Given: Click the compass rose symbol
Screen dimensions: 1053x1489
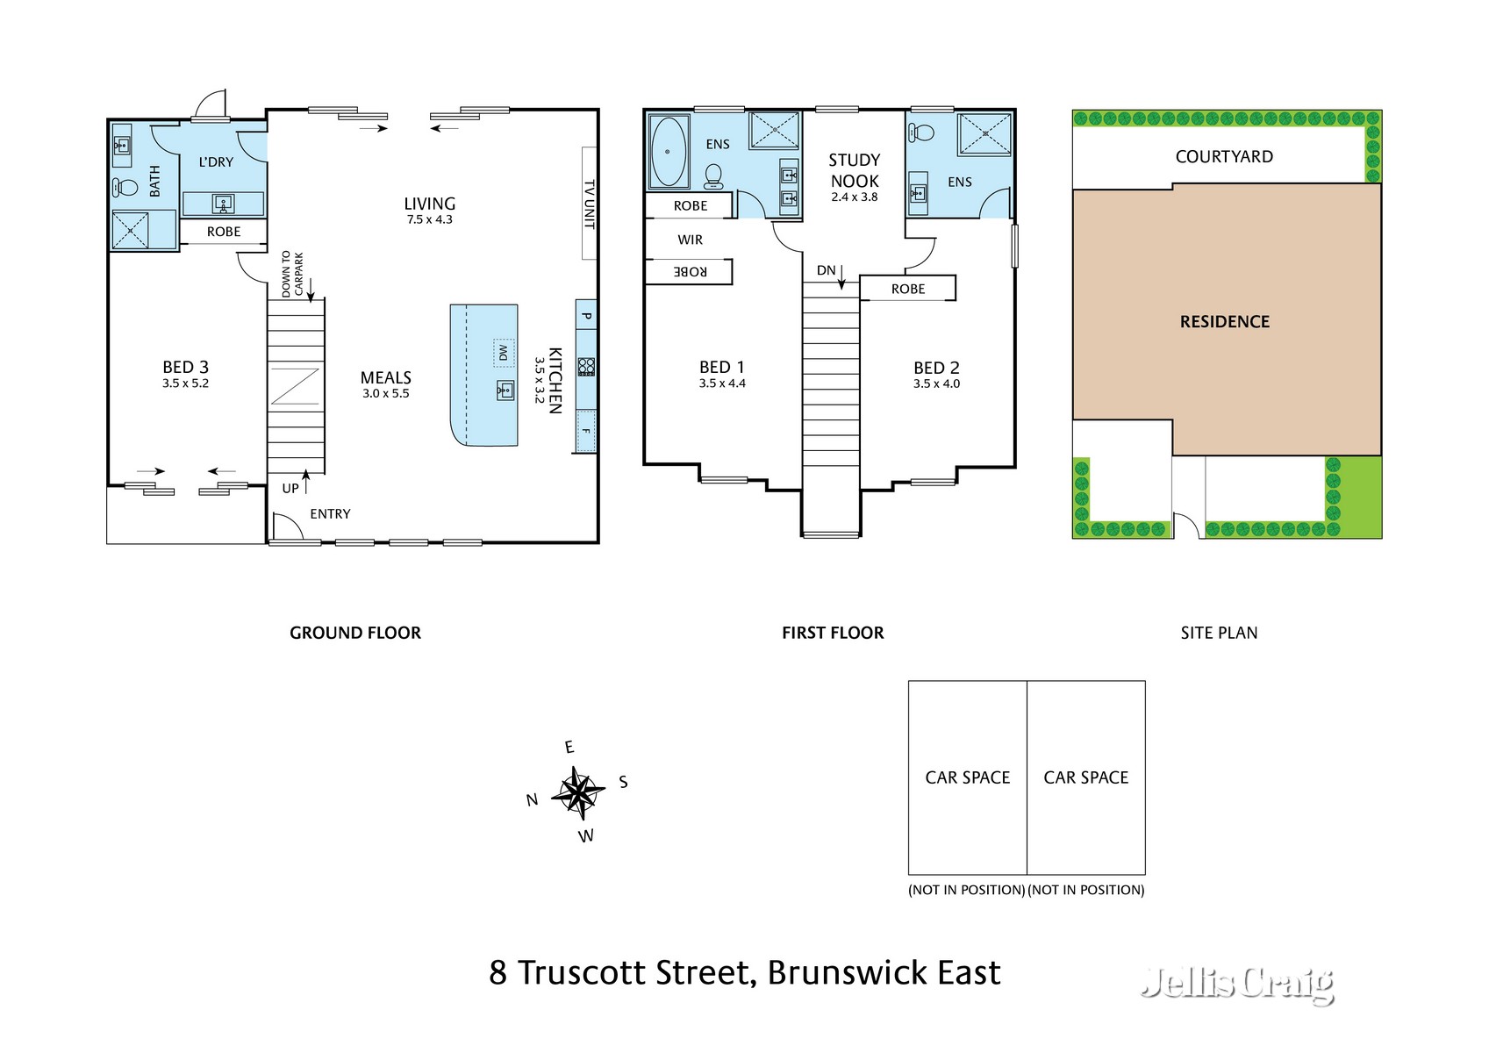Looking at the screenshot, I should tap(578, 792).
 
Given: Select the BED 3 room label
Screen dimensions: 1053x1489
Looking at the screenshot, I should tap(185, 368).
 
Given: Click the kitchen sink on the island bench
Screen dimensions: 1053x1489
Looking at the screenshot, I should tap(505, 390).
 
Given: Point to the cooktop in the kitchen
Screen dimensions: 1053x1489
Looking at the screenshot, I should tap(586, 366).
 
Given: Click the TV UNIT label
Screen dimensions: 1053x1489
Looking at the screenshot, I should tap(590, 204).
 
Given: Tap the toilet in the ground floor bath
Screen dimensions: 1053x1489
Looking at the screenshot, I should tap(125, 187).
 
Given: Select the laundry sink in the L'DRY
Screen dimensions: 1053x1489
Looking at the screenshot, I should tap(224, 204).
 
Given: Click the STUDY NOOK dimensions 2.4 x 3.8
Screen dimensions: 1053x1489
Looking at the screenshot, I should tap(854, 197).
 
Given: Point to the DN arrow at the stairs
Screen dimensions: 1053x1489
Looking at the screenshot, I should tap(841, 276).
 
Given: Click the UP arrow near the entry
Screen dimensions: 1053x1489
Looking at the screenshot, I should tap(305, 483).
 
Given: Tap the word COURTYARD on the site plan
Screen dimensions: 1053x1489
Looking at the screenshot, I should tap(1223, 157).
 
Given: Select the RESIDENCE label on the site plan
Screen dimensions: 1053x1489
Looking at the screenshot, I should tap(1224, 322).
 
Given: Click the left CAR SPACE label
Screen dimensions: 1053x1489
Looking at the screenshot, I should tap(967, 777).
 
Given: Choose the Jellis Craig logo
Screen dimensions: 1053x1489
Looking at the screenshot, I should tap(1237, 984).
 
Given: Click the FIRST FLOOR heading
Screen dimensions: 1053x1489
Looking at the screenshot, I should tap(832, 633).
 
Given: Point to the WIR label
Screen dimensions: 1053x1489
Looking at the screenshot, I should tap(690, 240).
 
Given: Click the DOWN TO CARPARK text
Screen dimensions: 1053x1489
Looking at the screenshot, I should tap(291, 273).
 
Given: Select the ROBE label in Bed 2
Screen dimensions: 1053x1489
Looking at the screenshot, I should tap(907, 289).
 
